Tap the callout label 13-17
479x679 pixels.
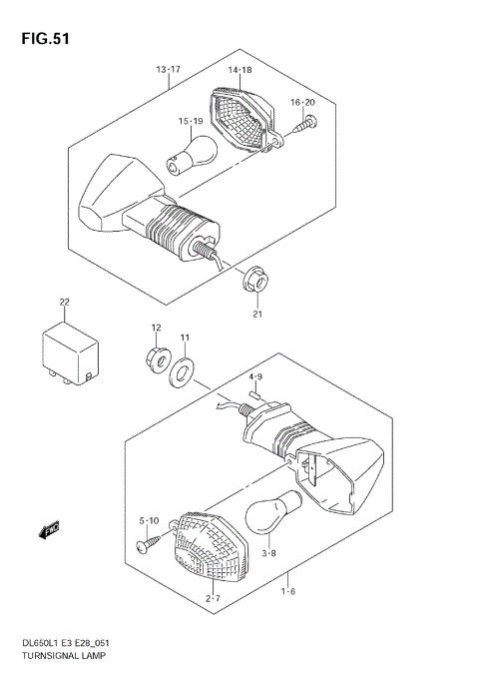click(168, 69)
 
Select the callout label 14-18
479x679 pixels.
click(239, 71)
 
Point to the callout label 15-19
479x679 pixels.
click(192, 122)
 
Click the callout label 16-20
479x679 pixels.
click(302, 103)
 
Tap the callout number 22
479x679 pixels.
click(64, 302)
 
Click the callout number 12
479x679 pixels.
click(156, 329)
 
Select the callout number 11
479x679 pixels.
click(184, 339)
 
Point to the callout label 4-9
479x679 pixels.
click(255, 376)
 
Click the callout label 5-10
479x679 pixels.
click(148, 520)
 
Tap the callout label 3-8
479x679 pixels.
click(268, 551)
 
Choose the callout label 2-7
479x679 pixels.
click(213, 598)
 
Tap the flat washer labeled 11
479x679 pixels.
click(183, 375)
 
